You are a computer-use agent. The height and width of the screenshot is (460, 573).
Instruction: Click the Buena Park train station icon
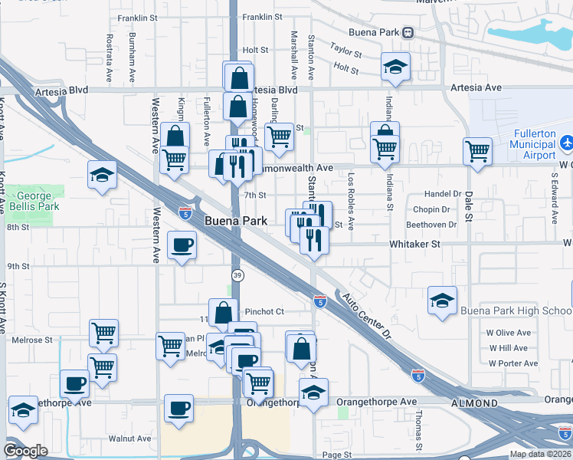(x=408, y=32)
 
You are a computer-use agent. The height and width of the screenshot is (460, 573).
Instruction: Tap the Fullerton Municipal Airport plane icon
(x=566, y=143)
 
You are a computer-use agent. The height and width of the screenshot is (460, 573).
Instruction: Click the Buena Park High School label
(x=516, y=310)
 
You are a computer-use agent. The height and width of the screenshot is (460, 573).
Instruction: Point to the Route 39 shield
(x=237, y=274)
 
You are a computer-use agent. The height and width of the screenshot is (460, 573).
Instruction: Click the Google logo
(x=25, y=451)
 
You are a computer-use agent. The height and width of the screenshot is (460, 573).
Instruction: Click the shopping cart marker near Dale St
(x=478, y=151)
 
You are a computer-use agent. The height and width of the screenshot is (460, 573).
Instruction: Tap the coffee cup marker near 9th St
(x=182, y=245)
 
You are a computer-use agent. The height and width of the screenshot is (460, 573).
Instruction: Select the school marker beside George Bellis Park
(x=102, y=176)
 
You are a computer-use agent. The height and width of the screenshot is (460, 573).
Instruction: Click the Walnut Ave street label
(x=129, y=439)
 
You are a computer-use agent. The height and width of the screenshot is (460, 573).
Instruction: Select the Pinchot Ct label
(x=264, y=311)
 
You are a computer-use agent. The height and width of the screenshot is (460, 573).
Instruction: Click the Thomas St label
(x=418, y=430)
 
